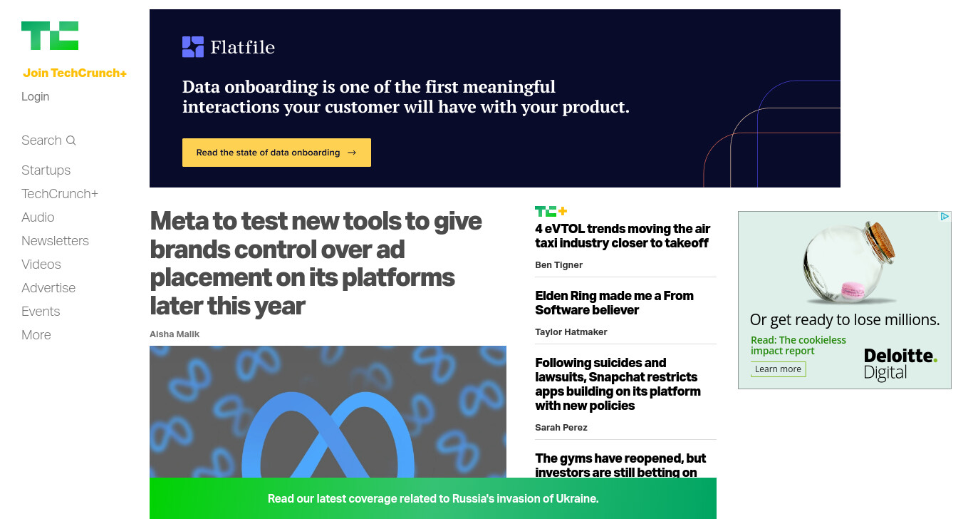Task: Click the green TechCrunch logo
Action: pyautogui.click(x=50, y=36)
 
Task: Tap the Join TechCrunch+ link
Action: pyautogui.click(x=75, y=73)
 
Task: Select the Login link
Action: pyautogui.click(x=35, y=96)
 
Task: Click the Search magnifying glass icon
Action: pyautogui.click(x=71, y=140)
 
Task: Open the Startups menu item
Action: pyautogui.click(x=46, y=170)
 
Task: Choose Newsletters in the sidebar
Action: pyautogui.click(x=55, y=241)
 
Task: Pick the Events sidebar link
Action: pyautogui.click(x=41, y=312)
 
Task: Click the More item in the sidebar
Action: pyautogui.click(x=36, y=334)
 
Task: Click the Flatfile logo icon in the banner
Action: pyautogui.click(x=193, y=47)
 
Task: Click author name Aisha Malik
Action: pyautogui.click(x=175, y=334)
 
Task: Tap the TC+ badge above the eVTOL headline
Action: pyautogui.click(x=551, y=211)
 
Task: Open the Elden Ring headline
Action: pyautogui.click(x=614, y=303)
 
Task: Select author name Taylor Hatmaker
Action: pyautogui.click(x=571, y=332)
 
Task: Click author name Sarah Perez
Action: pyautogui.click(x=561, y=428)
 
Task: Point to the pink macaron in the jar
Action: pyautogui.click(x=853, y=290)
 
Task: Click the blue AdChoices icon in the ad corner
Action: pyautogui.click(x=945, y=217)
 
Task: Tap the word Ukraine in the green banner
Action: pyautogui.click(x=577, y=498)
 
